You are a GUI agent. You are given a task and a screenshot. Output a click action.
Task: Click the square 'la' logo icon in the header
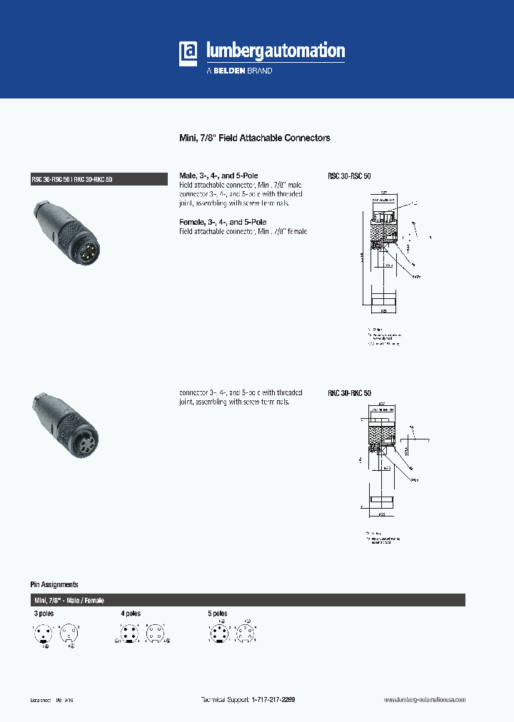pyautogui.click(x=189, y=54)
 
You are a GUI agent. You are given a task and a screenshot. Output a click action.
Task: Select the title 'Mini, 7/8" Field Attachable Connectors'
pyautogui.click(x=253, y=138)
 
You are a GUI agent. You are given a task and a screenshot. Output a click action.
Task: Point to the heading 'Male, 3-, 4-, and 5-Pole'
pyautogui.click(x=218, y=176)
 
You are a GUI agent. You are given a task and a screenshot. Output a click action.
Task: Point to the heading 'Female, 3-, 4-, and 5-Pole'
pyautogui.click(x=222, y=223)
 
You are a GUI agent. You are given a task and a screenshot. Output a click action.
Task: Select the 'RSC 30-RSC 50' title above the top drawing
pyautogui.click(x=349, y=176)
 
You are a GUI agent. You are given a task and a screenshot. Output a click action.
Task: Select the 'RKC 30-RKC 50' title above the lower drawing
pyautogui.click(x=349, y=393)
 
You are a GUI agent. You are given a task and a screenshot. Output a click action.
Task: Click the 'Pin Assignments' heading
pyautogui.click(x=54, y=584)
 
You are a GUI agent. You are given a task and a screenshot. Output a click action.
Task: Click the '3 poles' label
pyautogui.click(x=44, y=614)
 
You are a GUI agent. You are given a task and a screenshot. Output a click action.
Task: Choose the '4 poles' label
pyautogui.click(x=131, y=614)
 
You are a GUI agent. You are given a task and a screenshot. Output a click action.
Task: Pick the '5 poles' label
pyautogui.click(x=218, y=614)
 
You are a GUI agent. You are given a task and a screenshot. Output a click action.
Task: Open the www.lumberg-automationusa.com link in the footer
pyautogui.click(x=424, y=701)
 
